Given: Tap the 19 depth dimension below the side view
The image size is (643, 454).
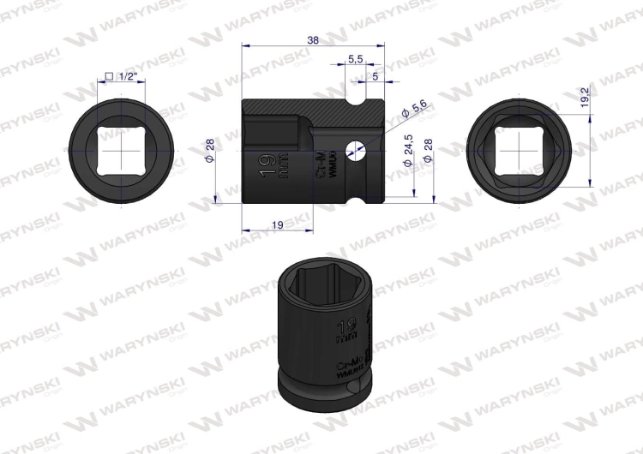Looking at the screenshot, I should coord(277,224).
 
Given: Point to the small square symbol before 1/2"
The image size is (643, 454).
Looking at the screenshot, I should coord(109,78).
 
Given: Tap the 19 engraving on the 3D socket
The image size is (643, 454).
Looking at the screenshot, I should coord(346,327).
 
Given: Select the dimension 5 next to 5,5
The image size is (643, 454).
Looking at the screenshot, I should coord(376,77).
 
